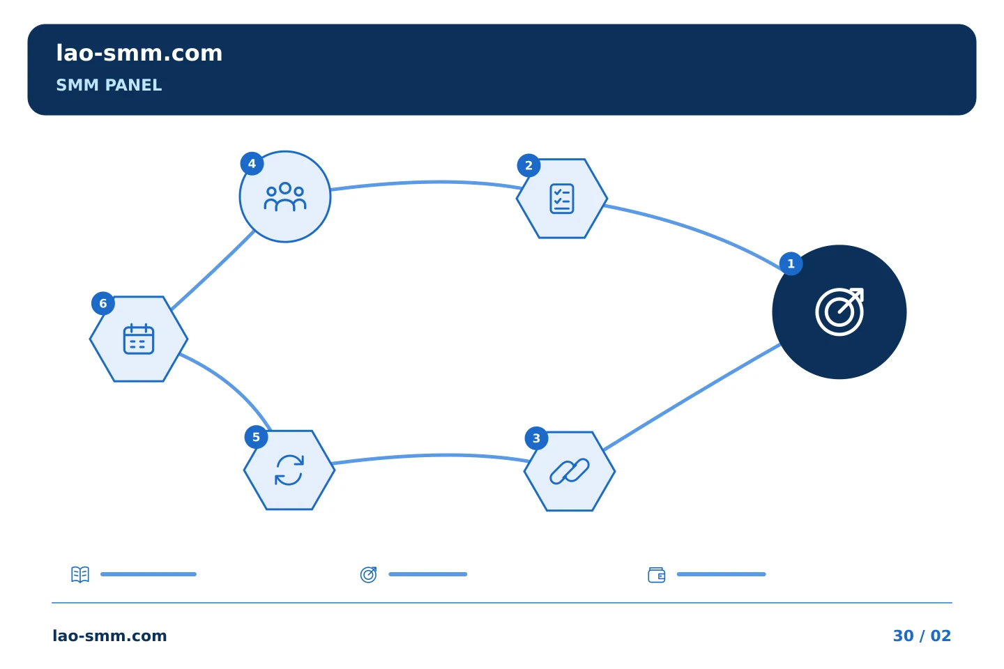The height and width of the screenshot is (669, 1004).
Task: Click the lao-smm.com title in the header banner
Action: pos(139,54)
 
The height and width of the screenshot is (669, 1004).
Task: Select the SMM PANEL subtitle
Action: pos(109,85)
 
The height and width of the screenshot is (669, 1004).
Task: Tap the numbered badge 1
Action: pos(791,263)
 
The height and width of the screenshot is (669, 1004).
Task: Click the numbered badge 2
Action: pos(528,165)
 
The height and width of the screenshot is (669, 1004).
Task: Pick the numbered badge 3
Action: pos(536,438)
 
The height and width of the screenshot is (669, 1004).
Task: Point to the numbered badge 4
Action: pos(252,164)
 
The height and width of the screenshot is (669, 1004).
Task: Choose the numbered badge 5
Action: pos(256,437)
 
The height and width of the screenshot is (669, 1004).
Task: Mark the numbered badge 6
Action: pos(103,303)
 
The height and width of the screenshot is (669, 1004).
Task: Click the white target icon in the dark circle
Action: pos(839,312)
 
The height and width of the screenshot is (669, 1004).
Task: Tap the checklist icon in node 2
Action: pos(562,199)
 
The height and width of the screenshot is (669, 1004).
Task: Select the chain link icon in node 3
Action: pos(569,471)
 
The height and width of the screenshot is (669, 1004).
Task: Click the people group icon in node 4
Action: pos(285,197)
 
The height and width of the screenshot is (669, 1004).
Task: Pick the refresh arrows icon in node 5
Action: pos(289,470)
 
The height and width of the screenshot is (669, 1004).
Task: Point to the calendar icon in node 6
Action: pos(139,339)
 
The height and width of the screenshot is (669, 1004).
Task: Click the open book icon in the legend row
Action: pos(80,574)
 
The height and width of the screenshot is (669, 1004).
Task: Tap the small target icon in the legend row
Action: pos(368,574)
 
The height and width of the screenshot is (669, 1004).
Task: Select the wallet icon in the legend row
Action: pos(657,575)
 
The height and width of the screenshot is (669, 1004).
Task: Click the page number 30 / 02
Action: pos(922,636)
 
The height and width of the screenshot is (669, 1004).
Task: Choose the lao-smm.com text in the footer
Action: pos(109,636)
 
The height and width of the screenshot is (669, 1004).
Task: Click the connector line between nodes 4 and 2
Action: pos(426,182)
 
